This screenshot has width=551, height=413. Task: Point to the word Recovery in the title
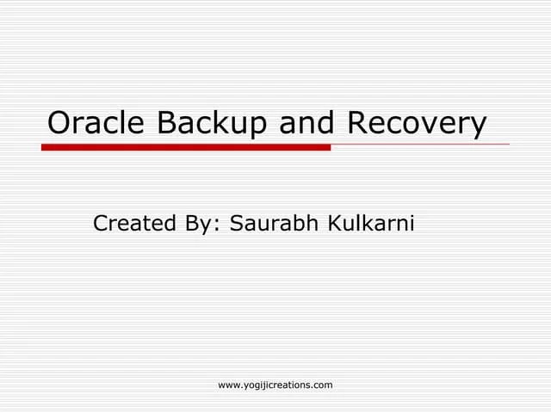416,125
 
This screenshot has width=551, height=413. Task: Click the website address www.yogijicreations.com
275,385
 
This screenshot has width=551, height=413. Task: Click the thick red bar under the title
186,147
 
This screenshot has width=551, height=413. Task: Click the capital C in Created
101,224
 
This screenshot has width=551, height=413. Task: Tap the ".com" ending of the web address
322,385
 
